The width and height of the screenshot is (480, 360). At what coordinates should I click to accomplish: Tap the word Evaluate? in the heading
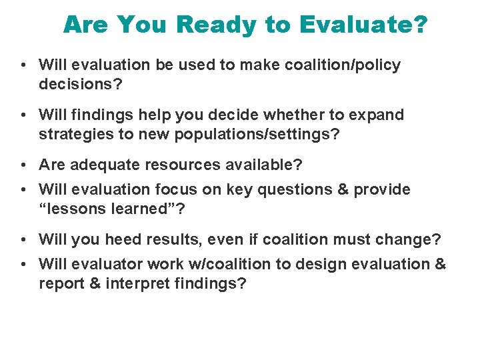[x=363, y=25]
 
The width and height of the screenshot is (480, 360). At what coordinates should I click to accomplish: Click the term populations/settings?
[x=255, y=134]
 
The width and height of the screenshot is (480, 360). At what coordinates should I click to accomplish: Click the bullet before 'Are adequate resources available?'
[x=23, y=165]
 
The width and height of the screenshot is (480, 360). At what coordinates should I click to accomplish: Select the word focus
[x=180, y=189]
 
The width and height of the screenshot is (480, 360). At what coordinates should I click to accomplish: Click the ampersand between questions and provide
[x=343, y=189]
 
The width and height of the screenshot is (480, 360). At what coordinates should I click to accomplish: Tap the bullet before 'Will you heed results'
[x=23, y=239]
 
